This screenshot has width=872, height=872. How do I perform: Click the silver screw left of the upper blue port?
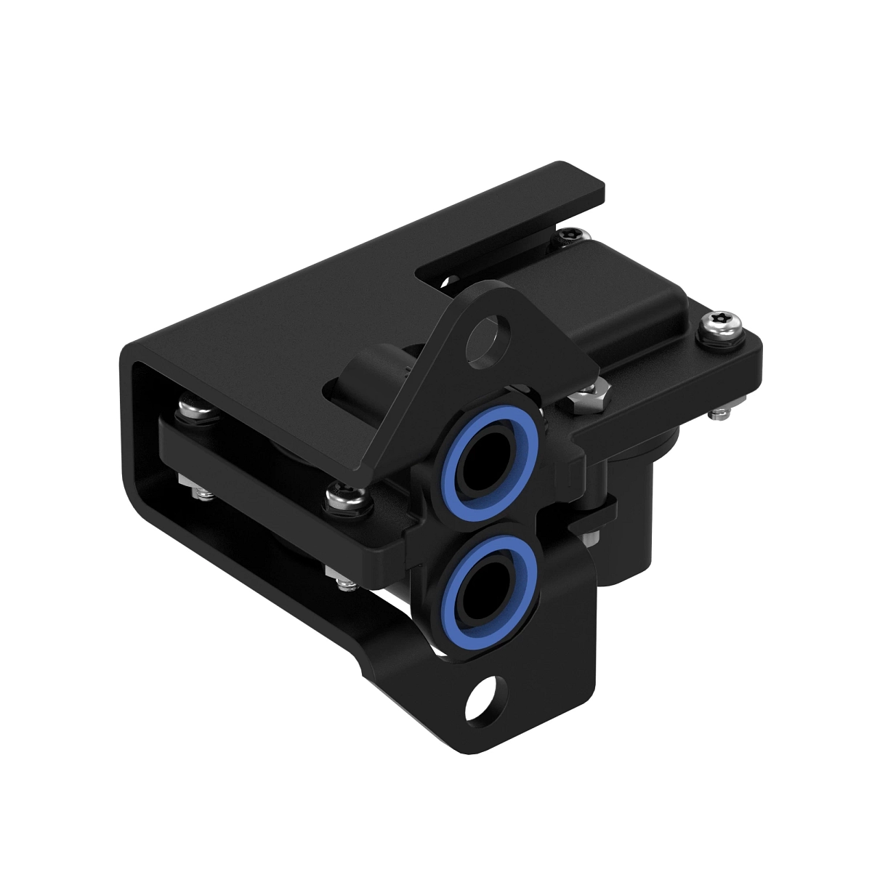tap(340, 497)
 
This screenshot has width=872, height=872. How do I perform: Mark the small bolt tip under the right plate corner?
tap(719, 413)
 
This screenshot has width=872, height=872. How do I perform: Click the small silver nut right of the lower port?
tap(590, 538)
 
